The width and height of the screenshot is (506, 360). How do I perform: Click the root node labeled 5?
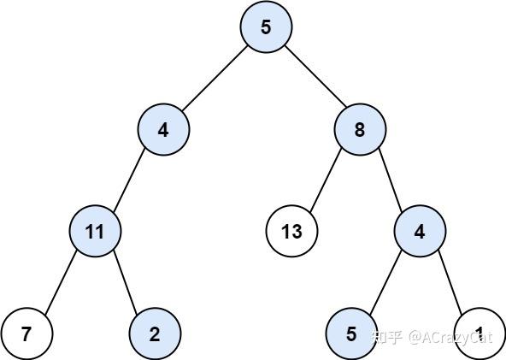click(x=266, y=27)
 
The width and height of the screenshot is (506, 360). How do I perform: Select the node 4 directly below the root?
click(x=163, y=129)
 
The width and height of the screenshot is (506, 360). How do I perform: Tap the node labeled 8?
click(x=360, y=129)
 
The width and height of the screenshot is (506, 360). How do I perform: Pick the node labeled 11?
click(x=95, y=231)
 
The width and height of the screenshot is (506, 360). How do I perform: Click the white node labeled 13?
click(x=291, y=231)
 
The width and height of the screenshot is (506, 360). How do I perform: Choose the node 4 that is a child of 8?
click(x=420, y=231)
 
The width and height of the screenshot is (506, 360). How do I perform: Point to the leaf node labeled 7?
click(x=26, y=333)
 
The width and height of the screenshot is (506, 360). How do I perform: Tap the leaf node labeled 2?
click(x=155, y=333)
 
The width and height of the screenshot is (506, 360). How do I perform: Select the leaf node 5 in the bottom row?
click(x=351, y=333)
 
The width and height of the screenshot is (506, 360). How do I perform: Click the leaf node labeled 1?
click(x=480, y=333)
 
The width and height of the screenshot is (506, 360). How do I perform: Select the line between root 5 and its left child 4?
click(x=215, y=79)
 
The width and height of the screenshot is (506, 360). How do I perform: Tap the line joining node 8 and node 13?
click(x=326, y=180)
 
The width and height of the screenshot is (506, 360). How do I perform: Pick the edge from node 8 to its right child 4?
click(x=390, y=180)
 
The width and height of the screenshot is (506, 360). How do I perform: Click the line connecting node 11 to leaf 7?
click(x=61, y=281)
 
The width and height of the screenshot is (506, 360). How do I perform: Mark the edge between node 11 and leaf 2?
click(x=126, y=281)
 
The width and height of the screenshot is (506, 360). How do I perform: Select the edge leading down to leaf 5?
click(x=385, y=281)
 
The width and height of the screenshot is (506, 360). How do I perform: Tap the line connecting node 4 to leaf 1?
click(x=450, y=281)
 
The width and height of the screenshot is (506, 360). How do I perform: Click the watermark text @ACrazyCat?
click(x=450, y=338)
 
